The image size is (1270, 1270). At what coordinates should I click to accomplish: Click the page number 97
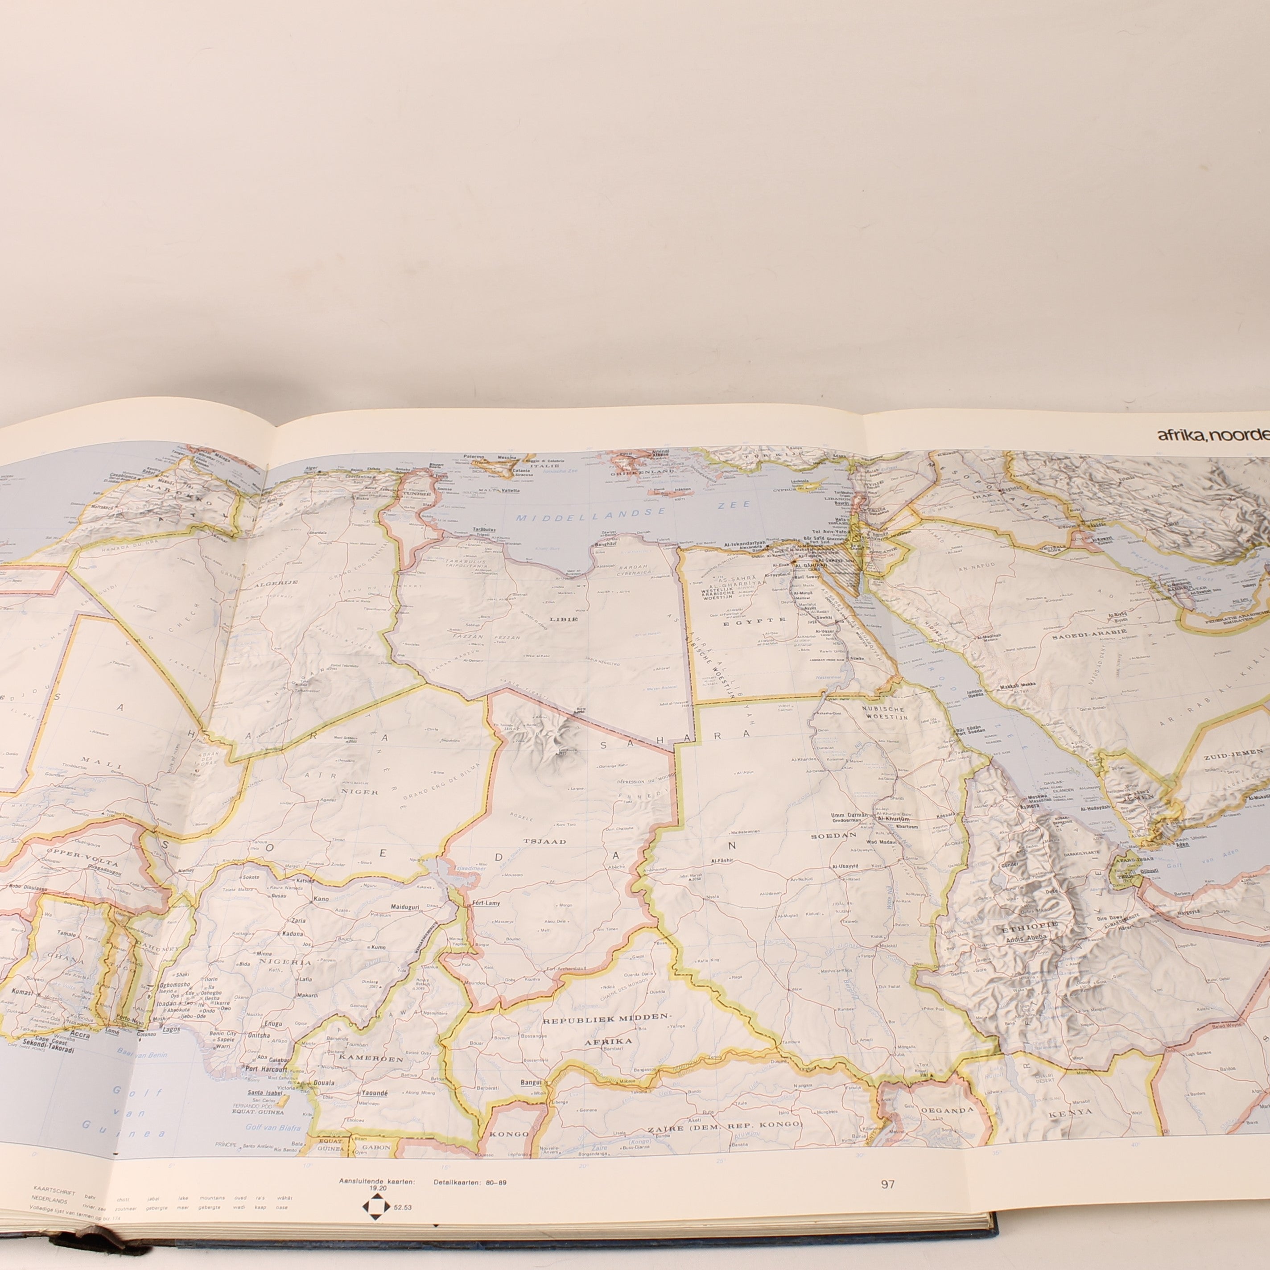coord(888,1184)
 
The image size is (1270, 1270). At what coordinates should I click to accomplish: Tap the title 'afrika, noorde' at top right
coord(1213,434)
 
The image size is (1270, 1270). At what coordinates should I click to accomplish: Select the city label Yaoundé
coord(373,1093)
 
